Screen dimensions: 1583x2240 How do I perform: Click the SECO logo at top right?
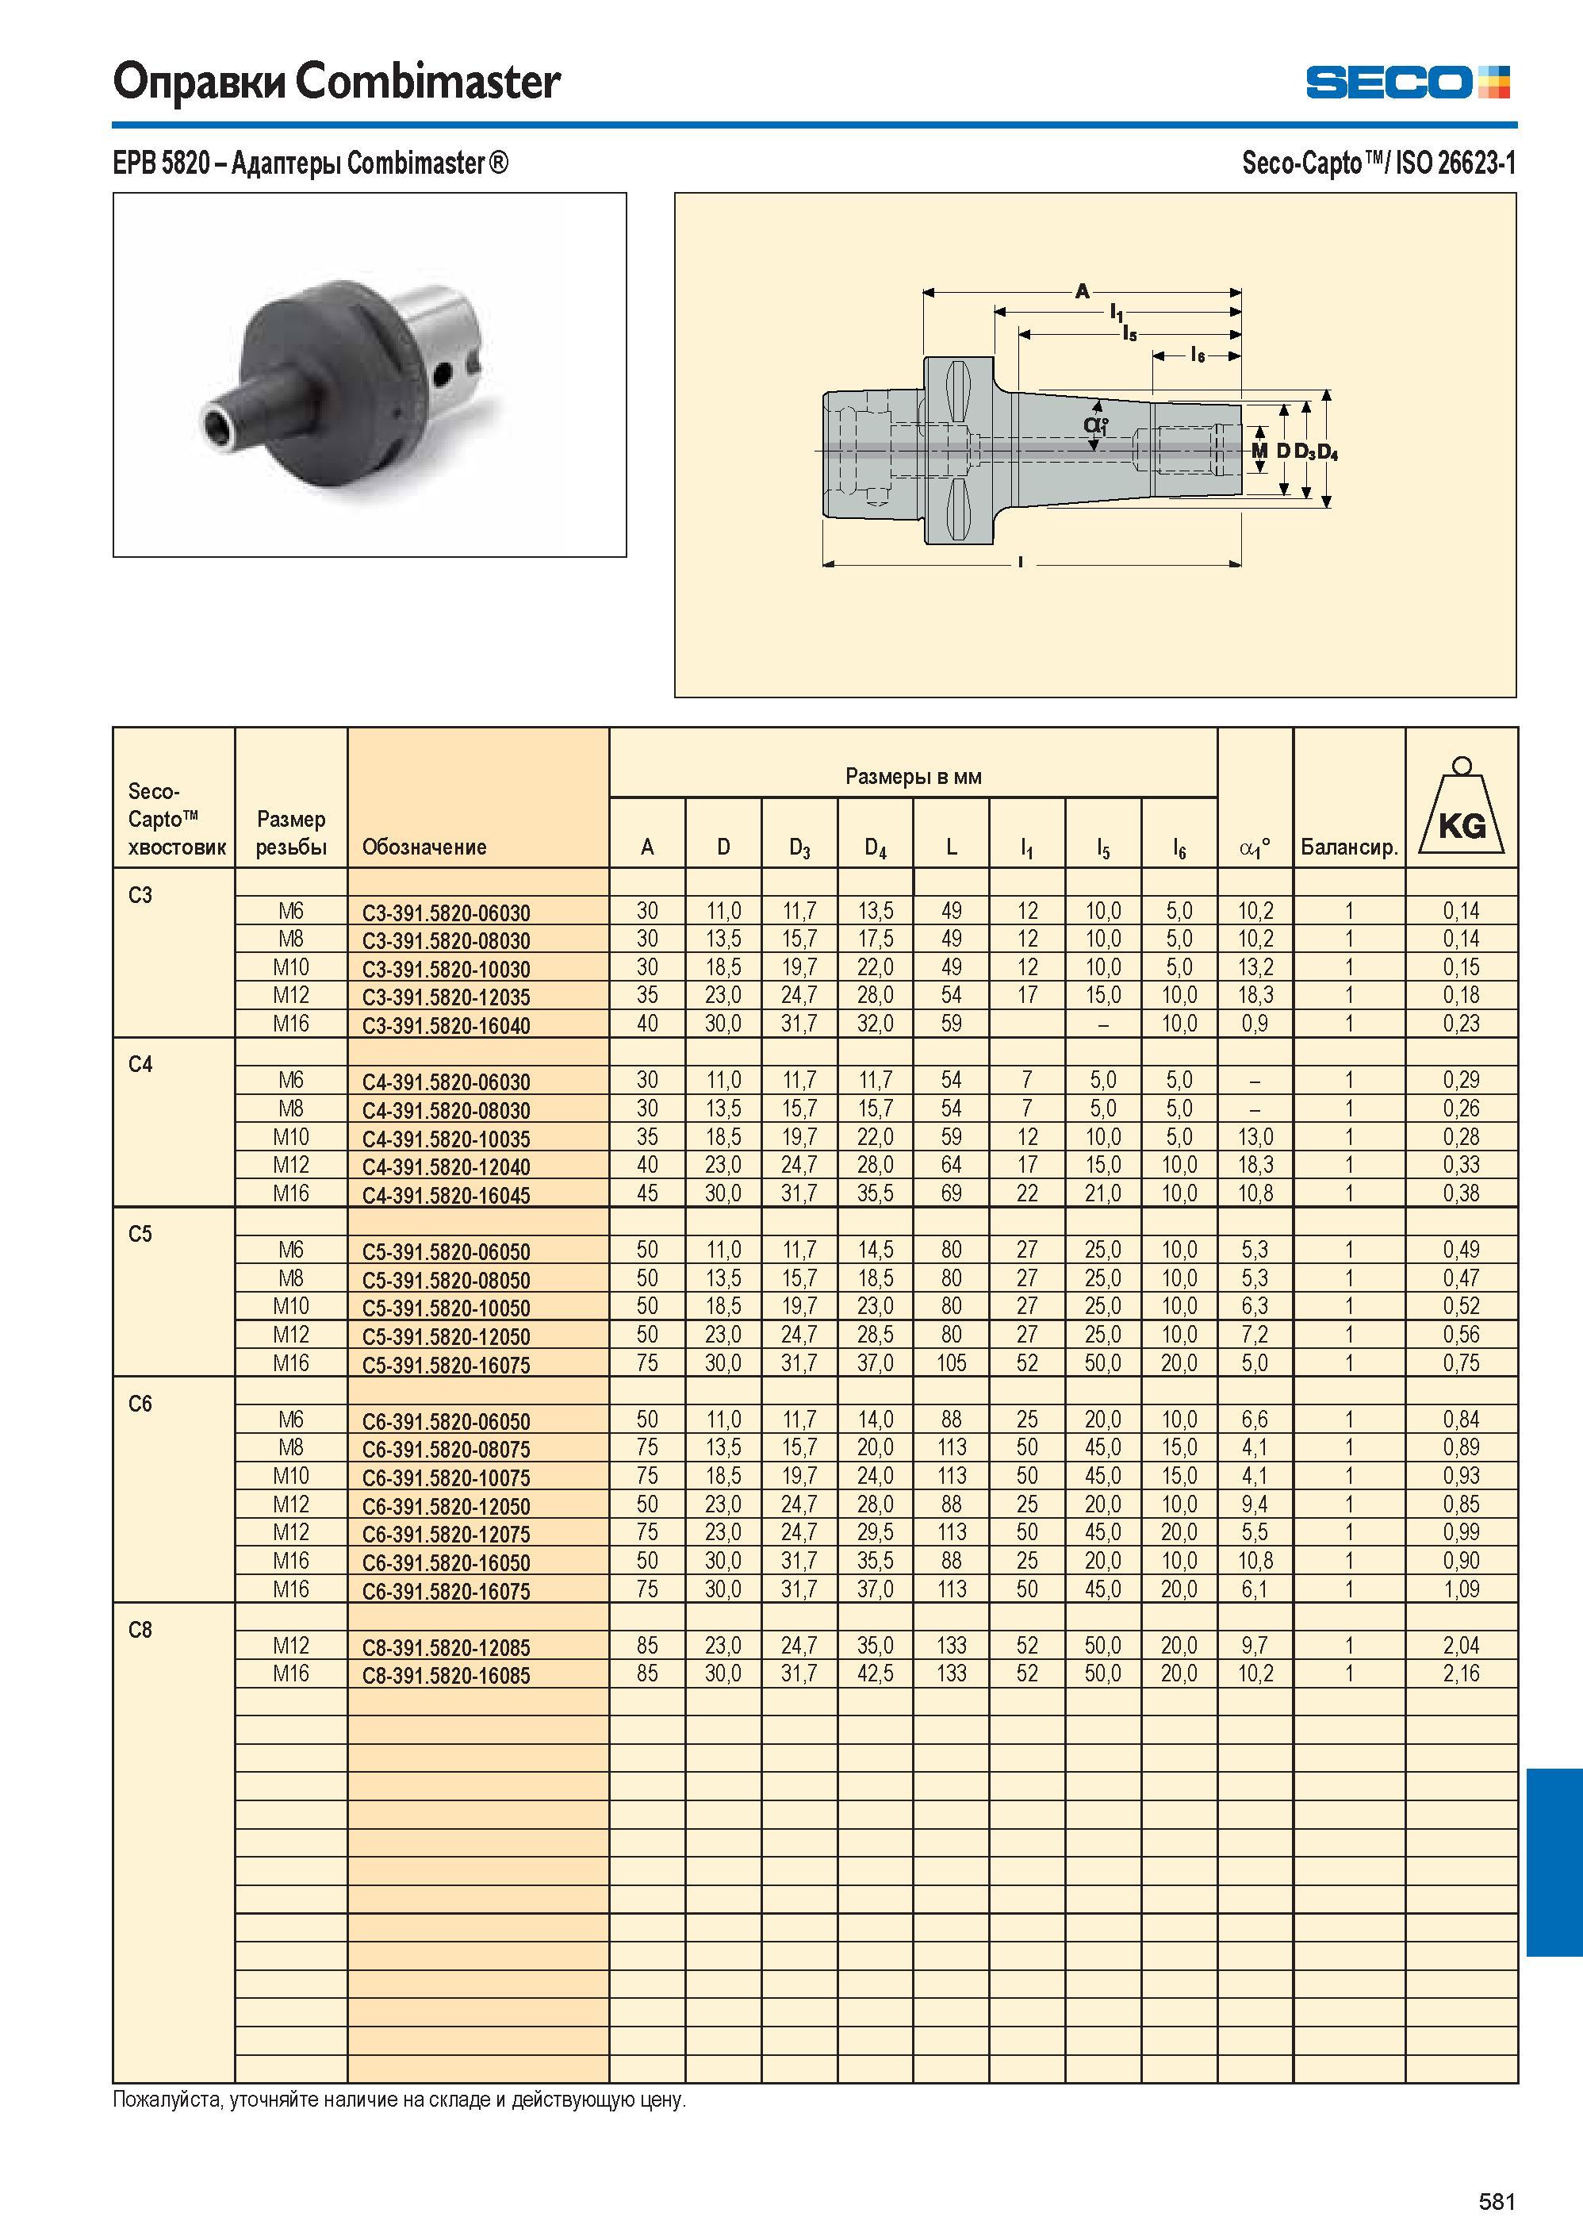click(1408, 82)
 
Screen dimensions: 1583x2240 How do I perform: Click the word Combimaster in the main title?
click(428, 81)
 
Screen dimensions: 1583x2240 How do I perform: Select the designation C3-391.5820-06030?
click(446, 913)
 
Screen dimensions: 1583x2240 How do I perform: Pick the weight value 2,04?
click(1461, 1646)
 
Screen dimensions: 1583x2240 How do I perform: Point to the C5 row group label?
click(140, 1234)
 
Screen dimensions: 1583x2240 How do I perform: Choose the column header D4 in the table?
click(875, 847)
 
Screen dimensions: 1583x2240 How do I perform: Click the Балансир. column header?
click(1349, 847)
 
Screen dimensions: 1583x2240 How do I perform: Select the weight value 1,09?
click(1461, 1589)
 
